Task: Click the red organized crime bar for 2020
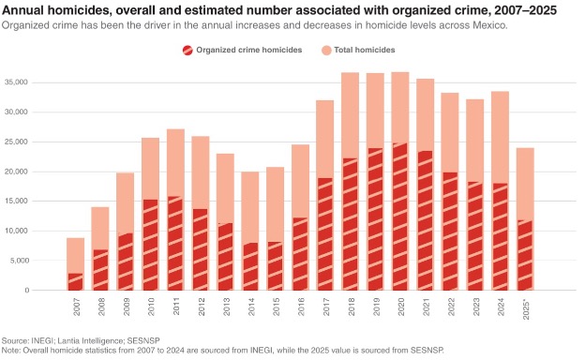point(400,217)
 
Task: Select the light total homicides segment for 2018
point(350,115)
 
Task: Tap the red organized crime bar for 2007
point(75,281)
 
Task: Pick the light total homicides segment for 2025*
point(525,184)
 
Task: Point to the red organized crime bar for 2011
point(175,243)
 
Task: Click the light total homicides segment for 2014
point(250,207)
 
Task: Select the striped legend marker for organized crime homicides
point(187,51)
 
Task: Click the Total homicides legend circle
point(326,51)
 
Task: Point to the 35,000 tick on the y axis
point(16,82)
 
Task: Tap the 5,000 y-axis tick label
point(18,261)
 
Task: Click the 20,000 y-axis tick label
point(16,172)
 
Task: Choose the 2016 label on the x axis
point(301,307)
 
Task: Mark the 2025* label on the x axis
point(526,308)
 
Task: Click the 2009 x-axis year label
point(127,307)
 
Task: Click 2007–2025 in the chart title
point(525,10)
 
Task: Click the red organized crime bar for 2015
point(276,266)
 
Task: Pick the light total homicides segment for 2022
point(450,132)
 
